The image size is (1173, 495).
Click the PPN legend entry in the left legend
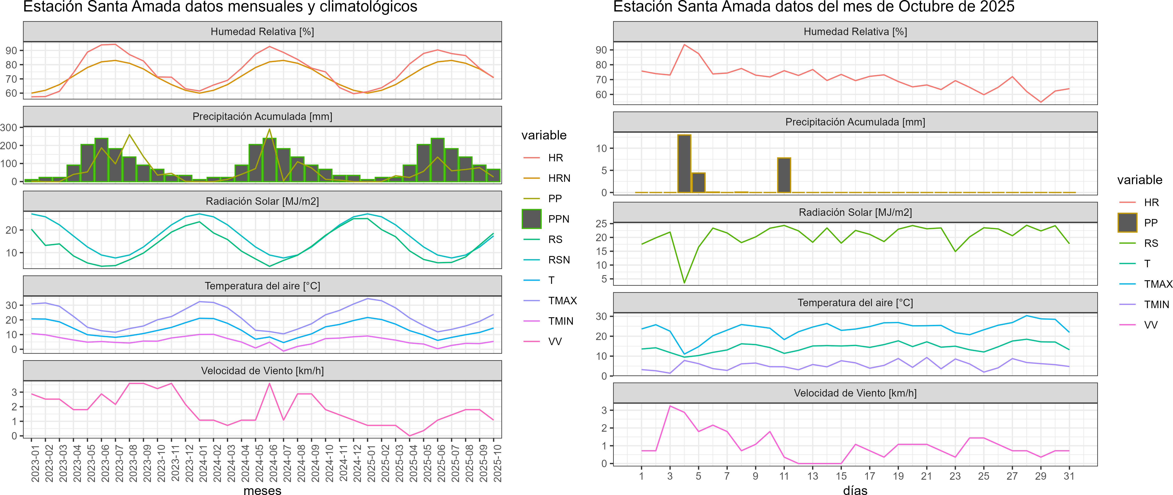click(x=558, y=219)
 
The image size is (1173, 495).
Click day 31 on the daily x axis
click(x=1069, y=476)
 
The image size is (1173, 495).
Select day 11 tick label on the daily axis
click(x=784, y=476)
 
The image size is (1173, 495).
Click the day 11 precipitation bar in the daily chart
click(x=784, y=175)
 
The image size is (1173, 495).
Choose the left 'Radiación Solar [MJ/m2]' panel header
click(x=262, y=201)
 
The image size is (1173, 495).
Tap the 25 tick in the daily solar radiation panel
click(x=601, y=223)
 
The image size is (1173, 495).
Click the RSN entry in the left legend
click(x=559, y=260)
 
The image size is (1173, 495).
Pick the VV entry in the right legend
click(x=1151, y=325)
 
